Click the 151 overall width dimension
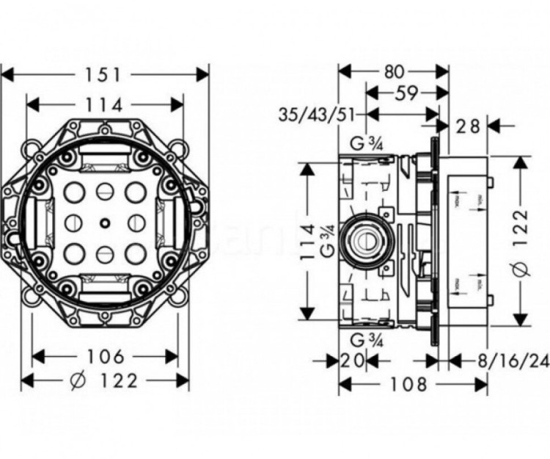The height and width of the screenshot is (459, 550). [x=106, y=75]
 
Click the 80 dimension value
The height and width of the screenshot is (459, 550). [x=393, y=72]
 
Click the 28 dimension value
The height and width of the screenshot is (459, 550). [x=466, y=126]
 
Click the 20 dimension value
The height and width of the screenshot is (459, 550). [x=352, y=360]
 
